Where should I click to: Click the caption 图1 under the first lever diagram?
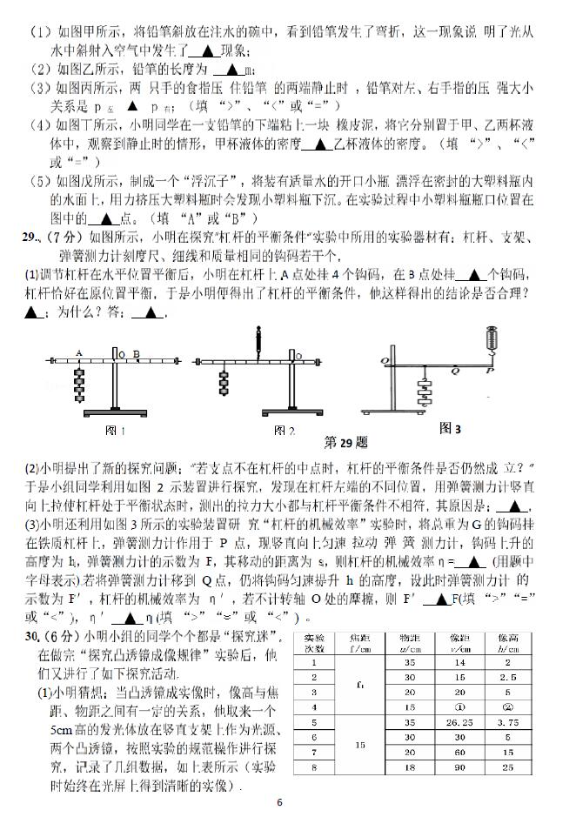point(116,431)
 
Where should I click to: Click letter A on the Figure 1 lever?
point(78,353)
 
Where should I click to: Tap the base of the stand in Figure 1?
point(115,416)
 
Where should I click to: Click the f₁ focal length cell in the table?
point(359,685)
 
